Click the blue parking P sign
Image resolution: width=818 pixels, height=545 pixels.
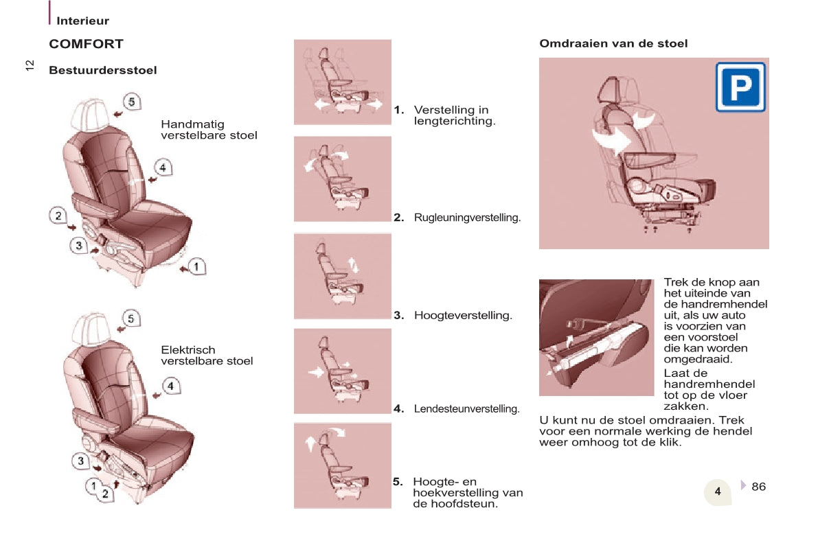[x=740, y=87]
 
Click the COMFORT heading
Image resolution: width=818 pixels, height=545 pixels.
[x=86, y=44]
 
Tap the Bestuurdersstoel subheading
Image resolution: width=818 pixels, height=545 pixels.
[x=103, y=70]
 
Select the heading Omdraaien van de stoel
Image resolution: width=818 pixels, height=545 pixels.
[x=613, y=43]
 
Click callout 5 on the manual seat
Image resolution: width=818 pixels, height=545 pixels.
[x=131, y=102]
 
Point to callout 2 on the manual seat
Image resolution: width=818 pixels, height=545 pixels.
[x=58, y=216]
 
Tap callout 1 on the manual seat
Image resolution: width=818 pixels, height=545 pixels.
[x=196, y=266]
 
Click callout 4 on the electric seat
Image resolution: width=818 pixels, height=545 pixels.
[x=170, y=386]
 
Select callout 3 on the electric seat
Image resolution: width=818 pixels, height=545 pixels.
[x=80, y=461]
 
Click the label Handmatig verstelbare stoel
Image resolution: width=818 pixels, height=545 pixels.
[x=209, y=130]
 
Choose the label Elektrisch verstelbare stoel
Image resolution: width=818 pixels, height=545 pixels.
[x=207, y=355]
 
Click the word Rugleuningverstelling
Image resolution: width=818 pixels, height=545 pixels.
[x=468, y=218]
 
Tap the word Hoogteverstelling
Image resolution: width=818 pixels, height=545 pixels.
[x=463, y=315]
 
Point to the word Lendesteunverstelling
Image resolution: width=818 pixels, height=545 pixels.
[x=467, y=409]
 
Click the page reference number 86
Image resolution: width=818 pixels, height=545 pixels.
[x=758, y=487]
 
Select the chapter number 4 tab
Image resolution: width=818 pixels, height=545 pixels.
[x=718, y=491]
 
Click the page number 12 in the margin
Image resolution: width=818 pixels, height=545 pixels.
[x=30, y=65]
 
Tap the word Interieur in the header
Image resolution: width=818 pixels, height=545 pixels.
[x=82, y=21]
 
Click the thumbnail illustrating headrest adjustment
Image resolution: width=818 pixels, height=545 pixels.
[x=342, y=466]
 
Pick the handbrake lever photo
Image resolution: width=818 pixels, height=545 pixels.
[x=596, y=338]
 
